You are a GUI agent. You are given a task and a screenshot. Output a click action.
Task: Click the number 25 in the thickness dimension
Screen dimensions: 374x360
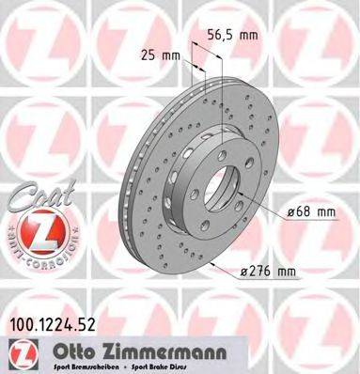[x=145, y=55]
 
